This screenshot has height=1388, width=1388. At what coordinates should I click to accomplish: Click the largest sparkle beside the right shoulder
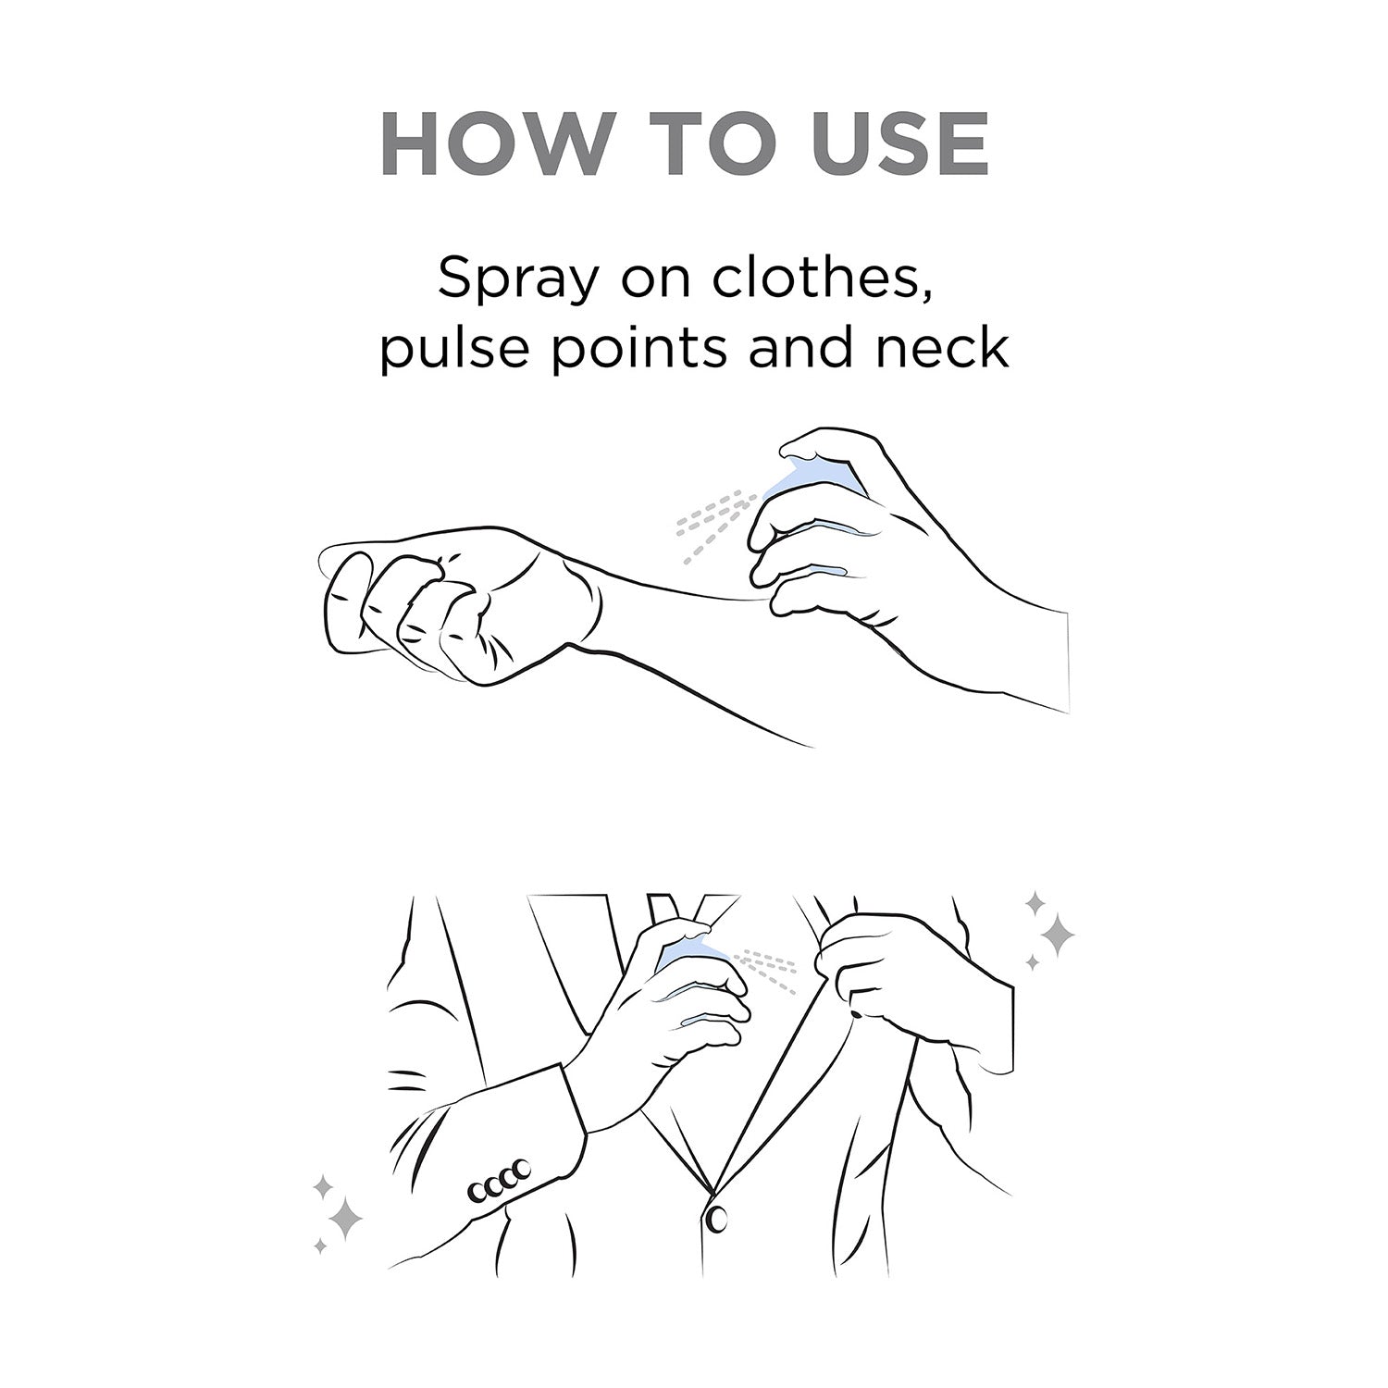[1055, 936]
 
